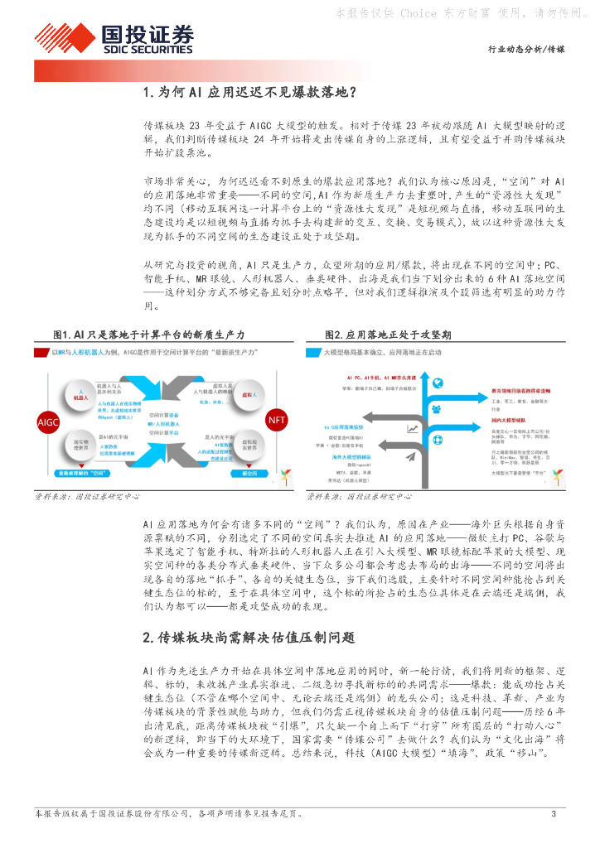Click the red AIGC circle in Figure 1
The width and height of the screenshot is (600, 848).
tap(49, 422)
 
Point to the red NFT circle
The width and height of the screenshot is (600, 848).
tap(275, 420)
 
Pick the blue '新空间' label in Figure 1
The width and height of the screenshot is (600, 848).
tap(248, 473)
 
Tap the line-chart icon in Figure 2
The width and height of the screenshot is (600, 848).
tap(412, 429)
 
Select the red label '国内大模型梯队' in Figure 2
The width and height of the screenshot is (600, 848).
tap(491, 421)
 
